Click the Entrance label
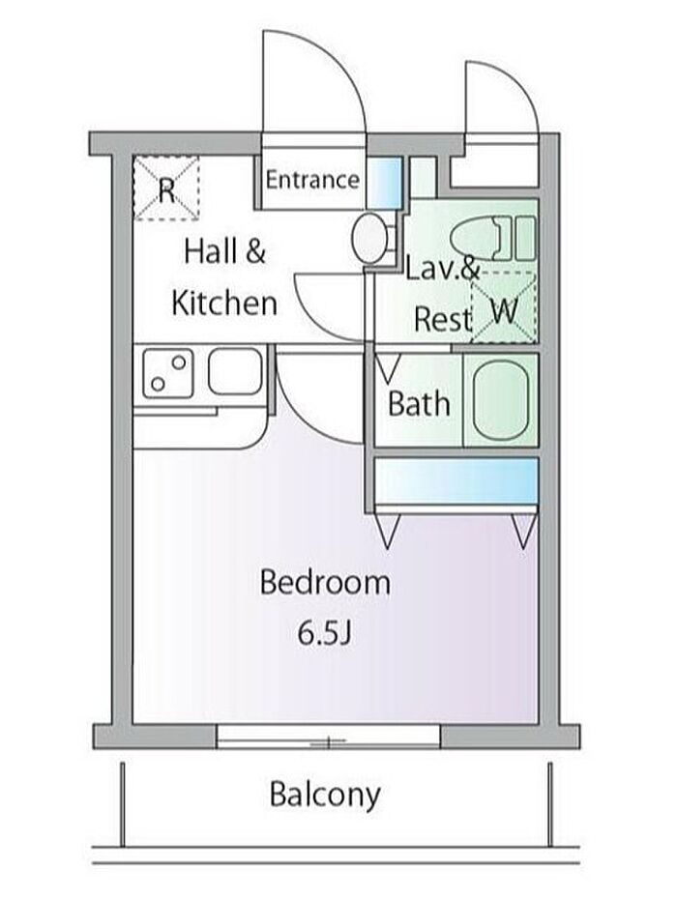tap(312, 180)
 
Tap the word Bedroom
tap(325, 583)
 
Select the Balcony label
tap(325, 795)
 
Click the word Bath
tap(419, 403)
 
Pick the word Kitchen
tap(224, 303)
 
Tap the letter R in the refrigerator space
tap(166, 190)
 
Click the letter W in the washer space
tap(505, 311)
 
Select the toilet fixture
tap(493, 238)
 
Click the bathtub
tap(500, 400)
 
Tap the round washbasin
tap(369, 238)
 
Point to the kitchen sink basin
tap(236, 372)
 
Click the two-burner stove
tap(168, 373)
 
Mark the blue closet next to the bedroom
tap(456, 480)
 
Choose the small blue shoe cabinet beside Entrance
tap(384, 182)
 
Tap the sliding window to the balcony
tap(329, 737)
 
